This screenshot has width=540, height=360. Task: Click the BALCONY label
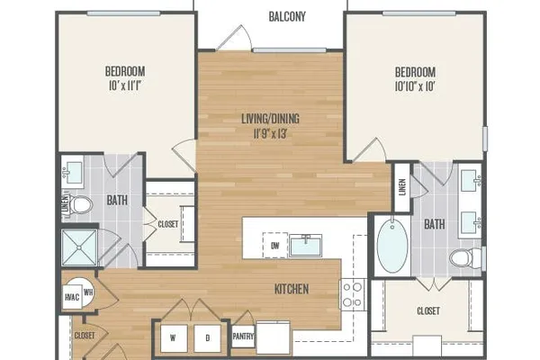[287, 16]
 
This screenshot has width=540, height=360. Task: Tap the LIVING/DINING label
[270, 119]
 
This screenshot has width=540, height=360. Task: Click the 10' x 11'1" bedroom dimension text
[125, 85]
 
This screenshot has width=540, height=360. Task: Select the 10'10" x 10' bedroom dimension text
[415, 86]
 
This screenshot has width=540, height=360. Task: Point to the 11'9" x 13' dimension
[270, 133]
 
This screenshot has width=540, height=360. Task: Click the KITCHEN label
[292, 289]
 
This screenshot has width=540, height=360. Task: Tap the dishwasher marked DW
[275, 246]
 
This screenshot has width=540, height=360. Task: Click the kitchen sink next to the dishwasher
[305, 246]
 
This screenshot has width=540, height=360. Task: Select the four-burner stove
[353, 295]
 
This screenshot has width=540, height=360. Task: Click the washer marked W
[173, 338]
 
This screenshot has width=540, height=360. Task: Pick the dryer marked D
[207, 338]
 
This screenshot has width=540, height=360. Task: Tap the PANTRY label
[243, 337]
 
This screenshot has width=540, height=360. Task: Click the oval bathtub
[392, 246]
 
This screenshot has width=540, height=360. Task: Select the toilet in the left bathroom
[79, 205]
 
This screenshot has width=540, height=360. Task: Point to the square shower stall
[79, 247]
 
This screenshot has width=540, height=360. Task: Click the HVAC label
[72, 297]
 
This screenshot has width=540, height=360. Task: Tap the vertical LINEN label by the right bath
[402, 187]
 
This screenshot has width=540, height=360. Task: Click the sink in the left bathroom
[73, 173]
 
